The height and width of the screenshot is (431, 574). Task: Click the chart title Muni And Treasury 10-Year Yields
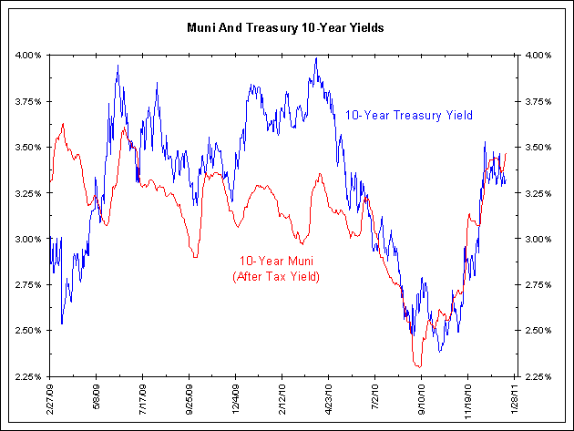coord(286,28)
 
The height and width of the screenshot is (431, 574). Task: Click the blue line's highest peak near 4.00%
coord(316,58)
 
